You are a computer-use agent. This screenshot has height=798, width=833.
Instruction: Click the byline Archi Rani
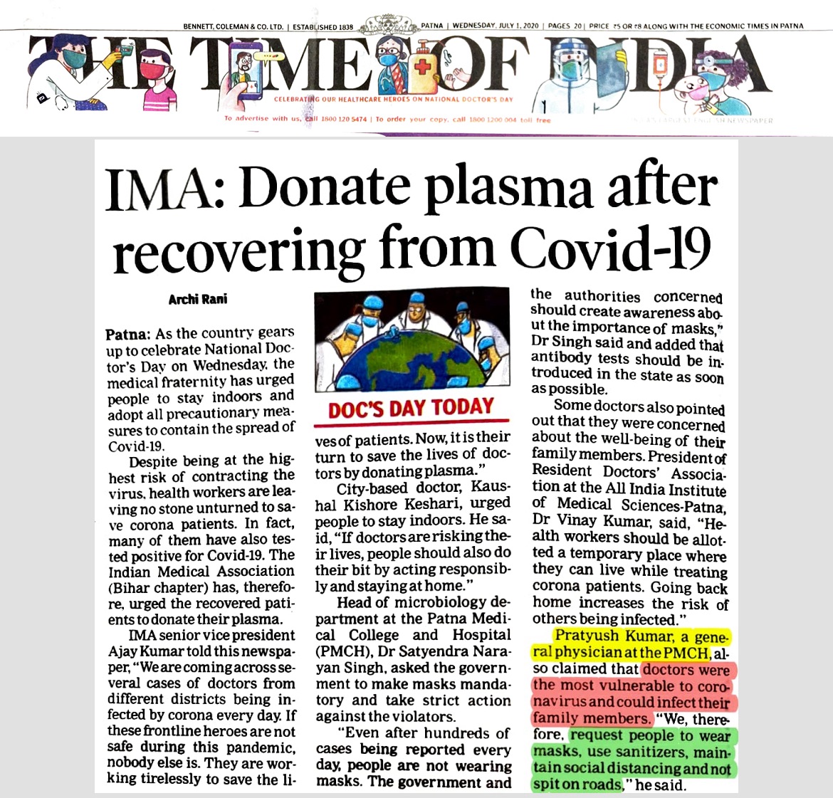(198, 299)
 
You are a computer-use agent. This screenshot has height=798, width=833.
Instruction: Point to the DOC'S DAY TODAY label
(411, 408)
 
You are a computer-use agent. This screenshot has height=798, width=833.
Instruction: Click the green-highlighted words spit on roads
(577, 784)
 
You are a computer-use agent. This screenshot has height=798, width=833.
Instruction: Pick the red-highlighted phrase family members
(591, 718)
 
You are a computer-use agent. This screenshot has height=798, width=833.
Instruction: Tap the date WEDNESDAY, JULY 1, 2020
(497, 26)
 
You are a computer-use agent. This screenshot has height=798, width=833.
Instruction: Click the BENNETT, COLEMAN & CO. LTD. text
(233, 26)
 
